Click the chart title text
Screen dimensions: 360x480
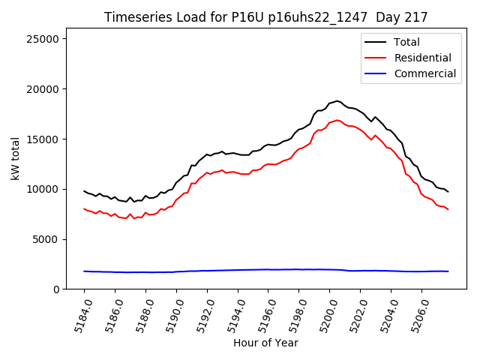(x=265, y=17)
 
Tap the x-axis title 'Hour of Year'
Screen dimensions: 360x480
(x=265, y=343)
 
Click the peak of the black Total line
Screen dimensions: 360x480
(x=337, y=100)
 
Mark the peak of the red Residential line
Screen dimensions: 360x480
(x=337, y=120)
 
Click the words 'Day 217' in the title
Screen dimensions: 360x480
(x=405, y=17)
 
